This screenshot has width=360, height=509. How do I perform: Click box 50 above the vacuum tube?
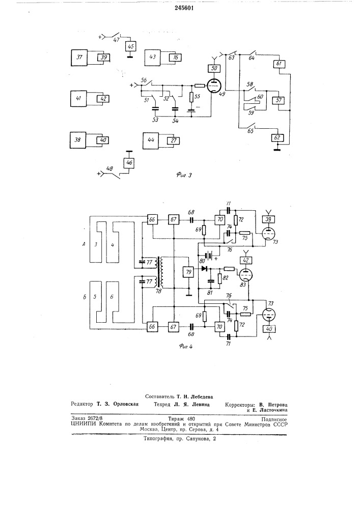pos(213,68)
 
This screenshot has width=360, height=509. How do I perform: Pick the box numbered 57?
pos(279,100)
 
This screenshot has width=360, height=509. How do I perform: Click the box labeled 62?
pos(278,137)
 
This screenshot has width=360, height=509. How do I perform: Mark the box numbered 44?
pos(152,140)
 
